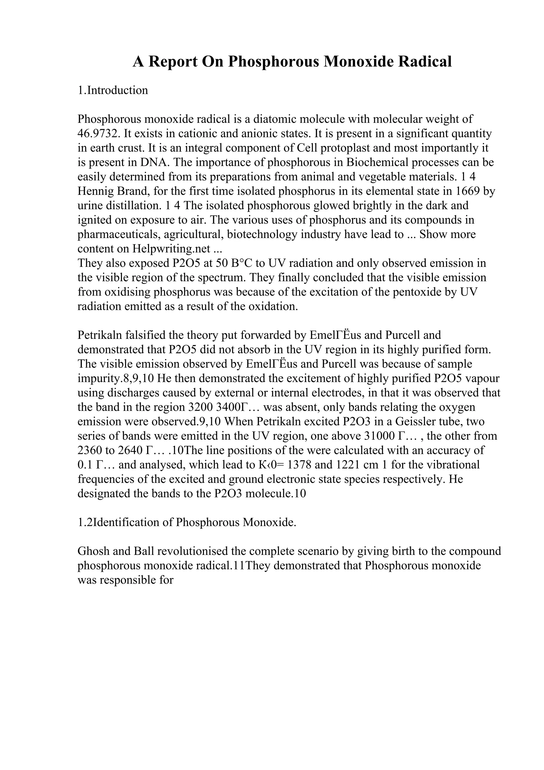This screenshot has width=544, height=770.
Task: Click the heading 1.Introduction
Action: pyautogui.click(x=113, y=90)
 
